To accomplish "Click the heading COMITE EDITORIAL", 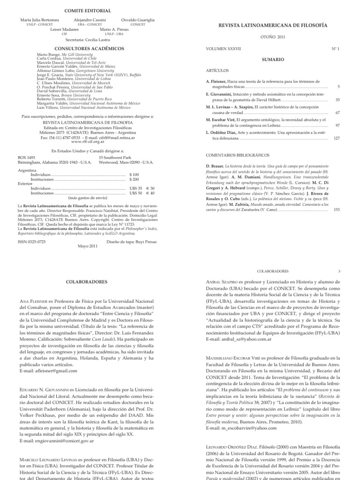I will click(x=88, y=10).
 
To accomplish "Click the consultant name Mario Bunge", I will click(x=48, y=54).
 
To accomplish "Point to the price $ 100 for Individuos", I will click(x=135, y=174).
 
